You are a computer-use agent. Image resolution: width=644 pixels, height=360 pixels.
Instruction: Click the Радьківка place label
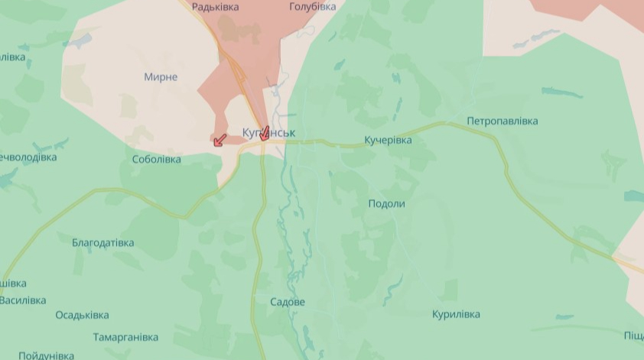(215, 7)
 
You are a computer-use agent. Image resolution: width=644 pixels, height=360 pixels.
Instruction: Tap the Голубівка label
(312, 7)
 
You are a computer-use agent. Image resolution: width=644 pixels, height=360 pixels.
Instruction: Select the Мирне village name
(161, 77)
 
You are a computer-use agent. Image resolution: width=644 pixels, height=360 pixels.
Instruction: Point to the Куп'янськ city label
(268, 133)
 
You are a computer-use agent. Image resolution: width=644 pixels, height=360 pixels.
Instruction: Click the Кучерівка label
(388, 141)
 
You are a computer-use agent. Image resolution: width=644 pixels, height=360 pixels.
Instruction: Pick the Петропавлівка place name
(502, 122)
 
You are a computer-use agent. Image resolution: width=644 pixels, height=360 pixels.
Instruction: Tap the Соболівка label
(156, 160)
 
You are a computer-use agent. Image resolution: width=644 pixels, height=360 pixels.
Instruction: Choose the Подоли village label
(386, 204)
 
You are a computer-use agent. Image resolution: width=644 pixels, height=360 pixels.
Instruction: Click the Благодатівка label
(102, 243)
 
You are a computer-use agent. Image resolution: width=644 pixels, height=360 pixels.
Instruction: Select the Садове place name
(288, 302)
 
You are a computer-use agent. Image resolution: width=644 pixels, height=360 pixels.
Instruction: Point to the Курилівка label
(456, 315)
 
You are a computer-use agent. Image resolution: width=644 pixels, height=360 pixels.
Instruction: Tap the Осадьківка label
(82, 315)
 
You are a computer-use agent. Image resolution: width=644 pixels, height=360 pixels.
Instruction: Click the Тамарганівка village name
(125, 337)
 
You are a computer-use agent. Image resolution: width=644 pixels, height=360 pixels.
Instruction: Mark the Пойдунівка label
(46, 355)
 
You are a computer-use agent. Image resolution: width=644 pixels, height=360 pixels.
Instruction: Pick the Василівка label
(23, 300)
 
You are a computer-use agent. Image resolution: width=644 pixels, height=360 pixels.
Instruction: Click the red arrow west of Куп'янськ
(220, 139)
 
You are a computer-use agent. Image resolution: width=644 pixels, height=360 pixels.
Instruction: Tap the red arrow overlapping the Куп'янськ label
(264, 133)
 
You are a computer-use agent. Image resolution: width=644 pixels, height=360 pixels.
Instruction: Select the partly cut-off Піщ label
(633, 336)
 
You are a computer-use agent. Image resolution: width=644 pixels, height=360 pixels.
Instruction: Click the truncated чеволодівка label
(28, 157)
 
